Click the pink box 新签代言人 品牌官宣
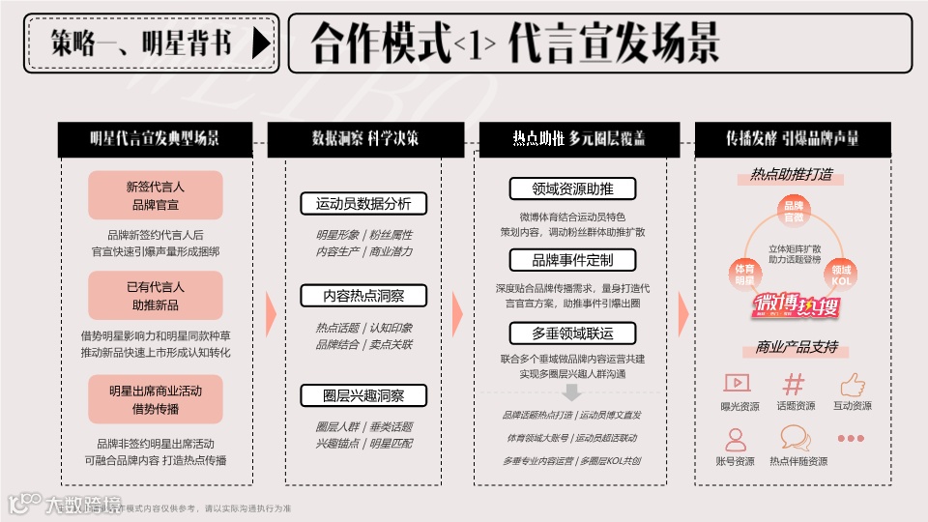click(156, 195)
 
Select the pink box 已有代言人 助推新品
click(156, 296)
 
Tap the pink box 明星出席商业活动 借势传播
click(156, 399)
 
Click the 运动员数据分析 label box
click(363, 204)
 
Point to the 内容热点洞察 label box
click(363, 296)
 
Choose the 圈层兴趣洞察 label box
click(363, 395)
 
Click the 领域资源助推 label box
click(573, 188)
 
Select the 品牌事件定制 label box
click(573, 260)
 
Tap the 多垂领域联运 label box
click(573, 333)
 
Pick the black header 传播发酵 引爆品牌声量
click(793, 139)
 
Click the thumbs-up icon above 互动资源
click(853, 384)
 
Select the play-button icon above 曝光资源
click(738, 384)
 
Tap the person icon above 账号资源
click(736, 440)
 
